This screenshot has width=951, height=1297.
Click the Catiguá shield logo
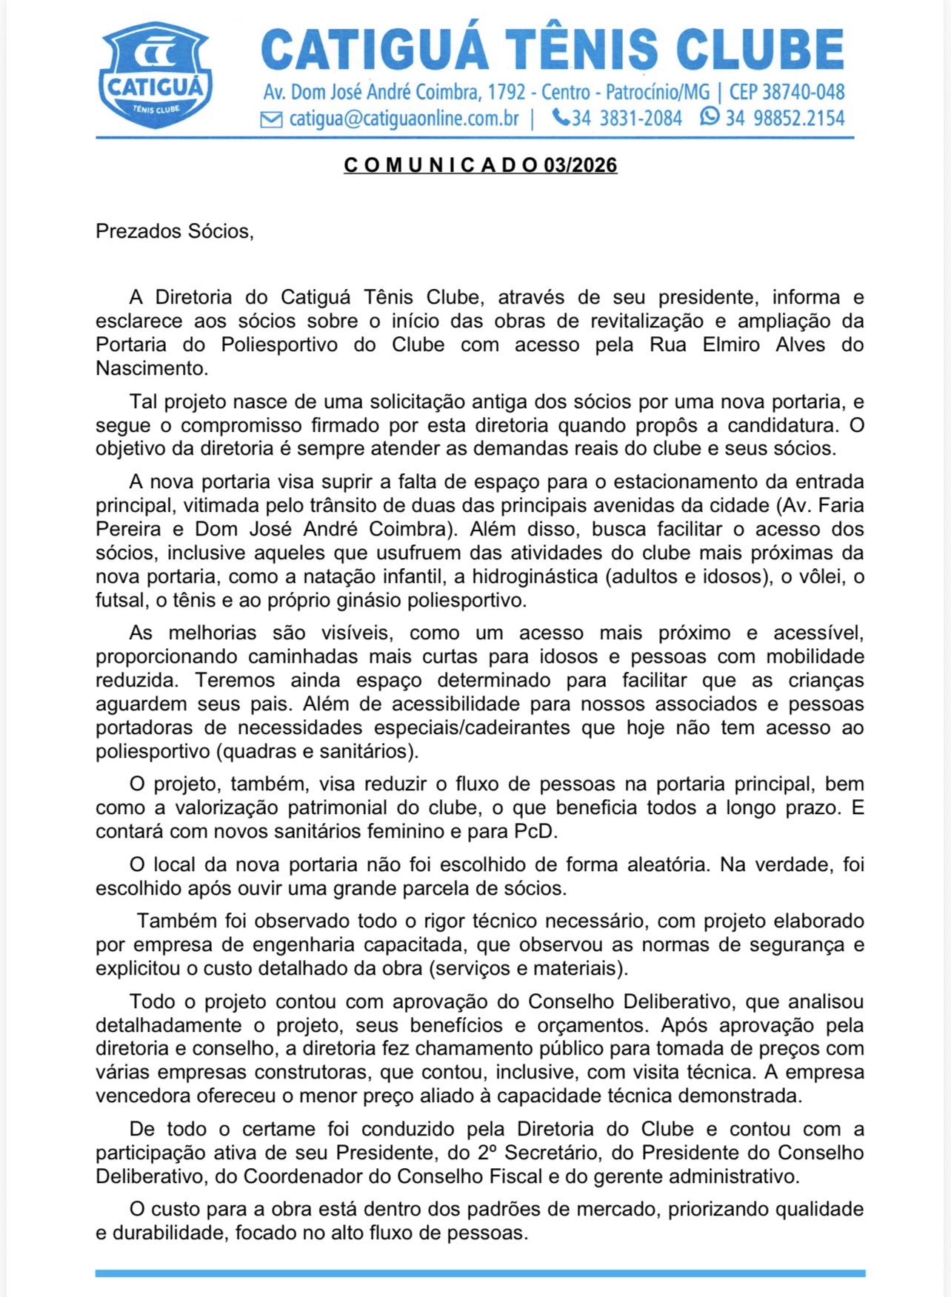[156, 75]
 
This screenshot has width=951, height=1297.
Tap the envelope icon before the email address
[272, 119]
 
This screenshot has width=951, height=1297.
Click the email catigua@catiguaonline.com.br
[404, 119]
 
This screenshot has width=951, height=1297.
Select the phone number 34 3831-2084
[627, 118]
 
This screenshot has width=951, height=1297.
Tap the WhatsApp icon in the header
[710, 116]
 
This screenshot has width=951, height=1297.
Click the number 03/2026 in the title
[580, 164]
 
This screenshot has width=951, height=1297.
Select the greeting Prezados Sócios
[174, 231]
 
